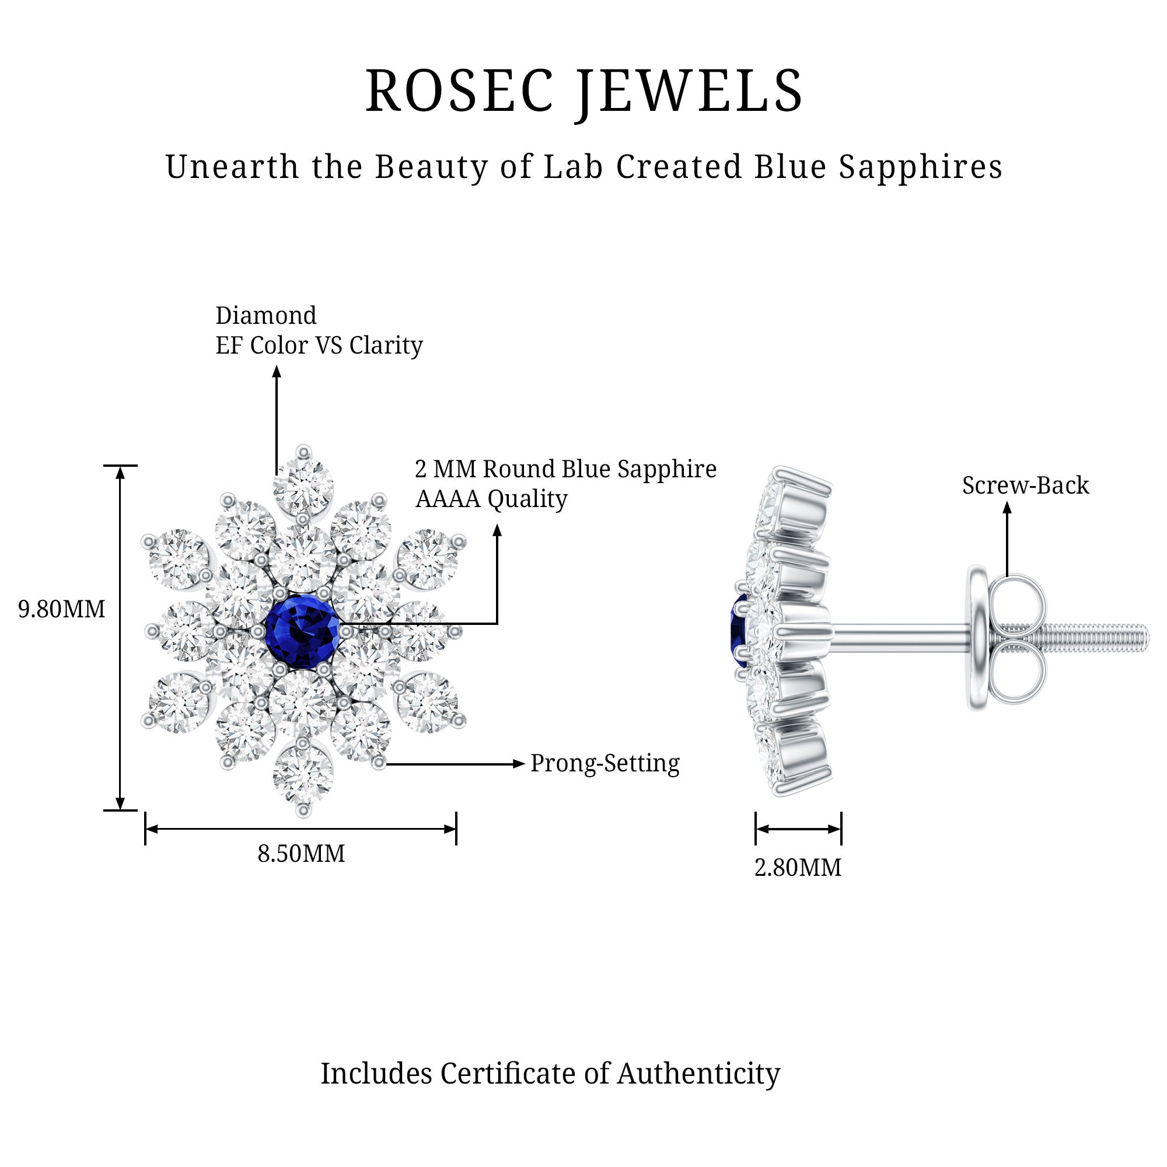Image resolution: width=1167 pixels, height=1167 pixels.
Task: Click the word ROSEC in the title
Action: (459, 92)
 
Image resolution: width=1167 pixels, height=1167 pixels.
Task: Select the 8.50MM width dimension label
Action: (301, 854)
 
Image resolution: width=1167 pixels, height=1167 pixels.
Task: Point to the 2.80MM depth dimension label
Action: (797, 868)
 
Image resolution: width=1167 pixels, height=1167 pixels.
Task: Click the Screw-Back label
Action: (1025, 485)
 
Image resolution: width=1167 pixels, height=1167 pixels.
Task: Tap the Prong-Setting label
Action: (605, 763)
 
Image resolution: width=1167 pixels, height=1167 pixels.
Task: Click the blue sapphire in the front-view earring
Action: (302, 632)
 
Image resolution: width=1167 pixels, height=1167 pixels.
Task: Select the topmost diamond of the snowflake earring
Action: (303, 486)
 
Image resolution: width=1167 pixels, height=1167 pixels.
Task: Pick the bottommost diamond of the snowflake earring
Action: (303, 775)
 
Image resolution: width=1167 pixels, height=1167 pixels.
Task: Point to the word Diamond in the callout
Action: (265, 315)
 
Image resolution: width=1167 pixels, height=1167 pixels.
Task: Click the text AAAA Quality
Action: (491, 499)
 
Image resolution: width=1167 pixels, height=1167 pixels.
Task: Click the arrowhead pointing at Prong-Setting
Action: (518, 763)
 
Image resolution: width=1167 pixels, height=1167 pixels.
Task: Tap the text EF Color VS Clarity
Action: (319, 345)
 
